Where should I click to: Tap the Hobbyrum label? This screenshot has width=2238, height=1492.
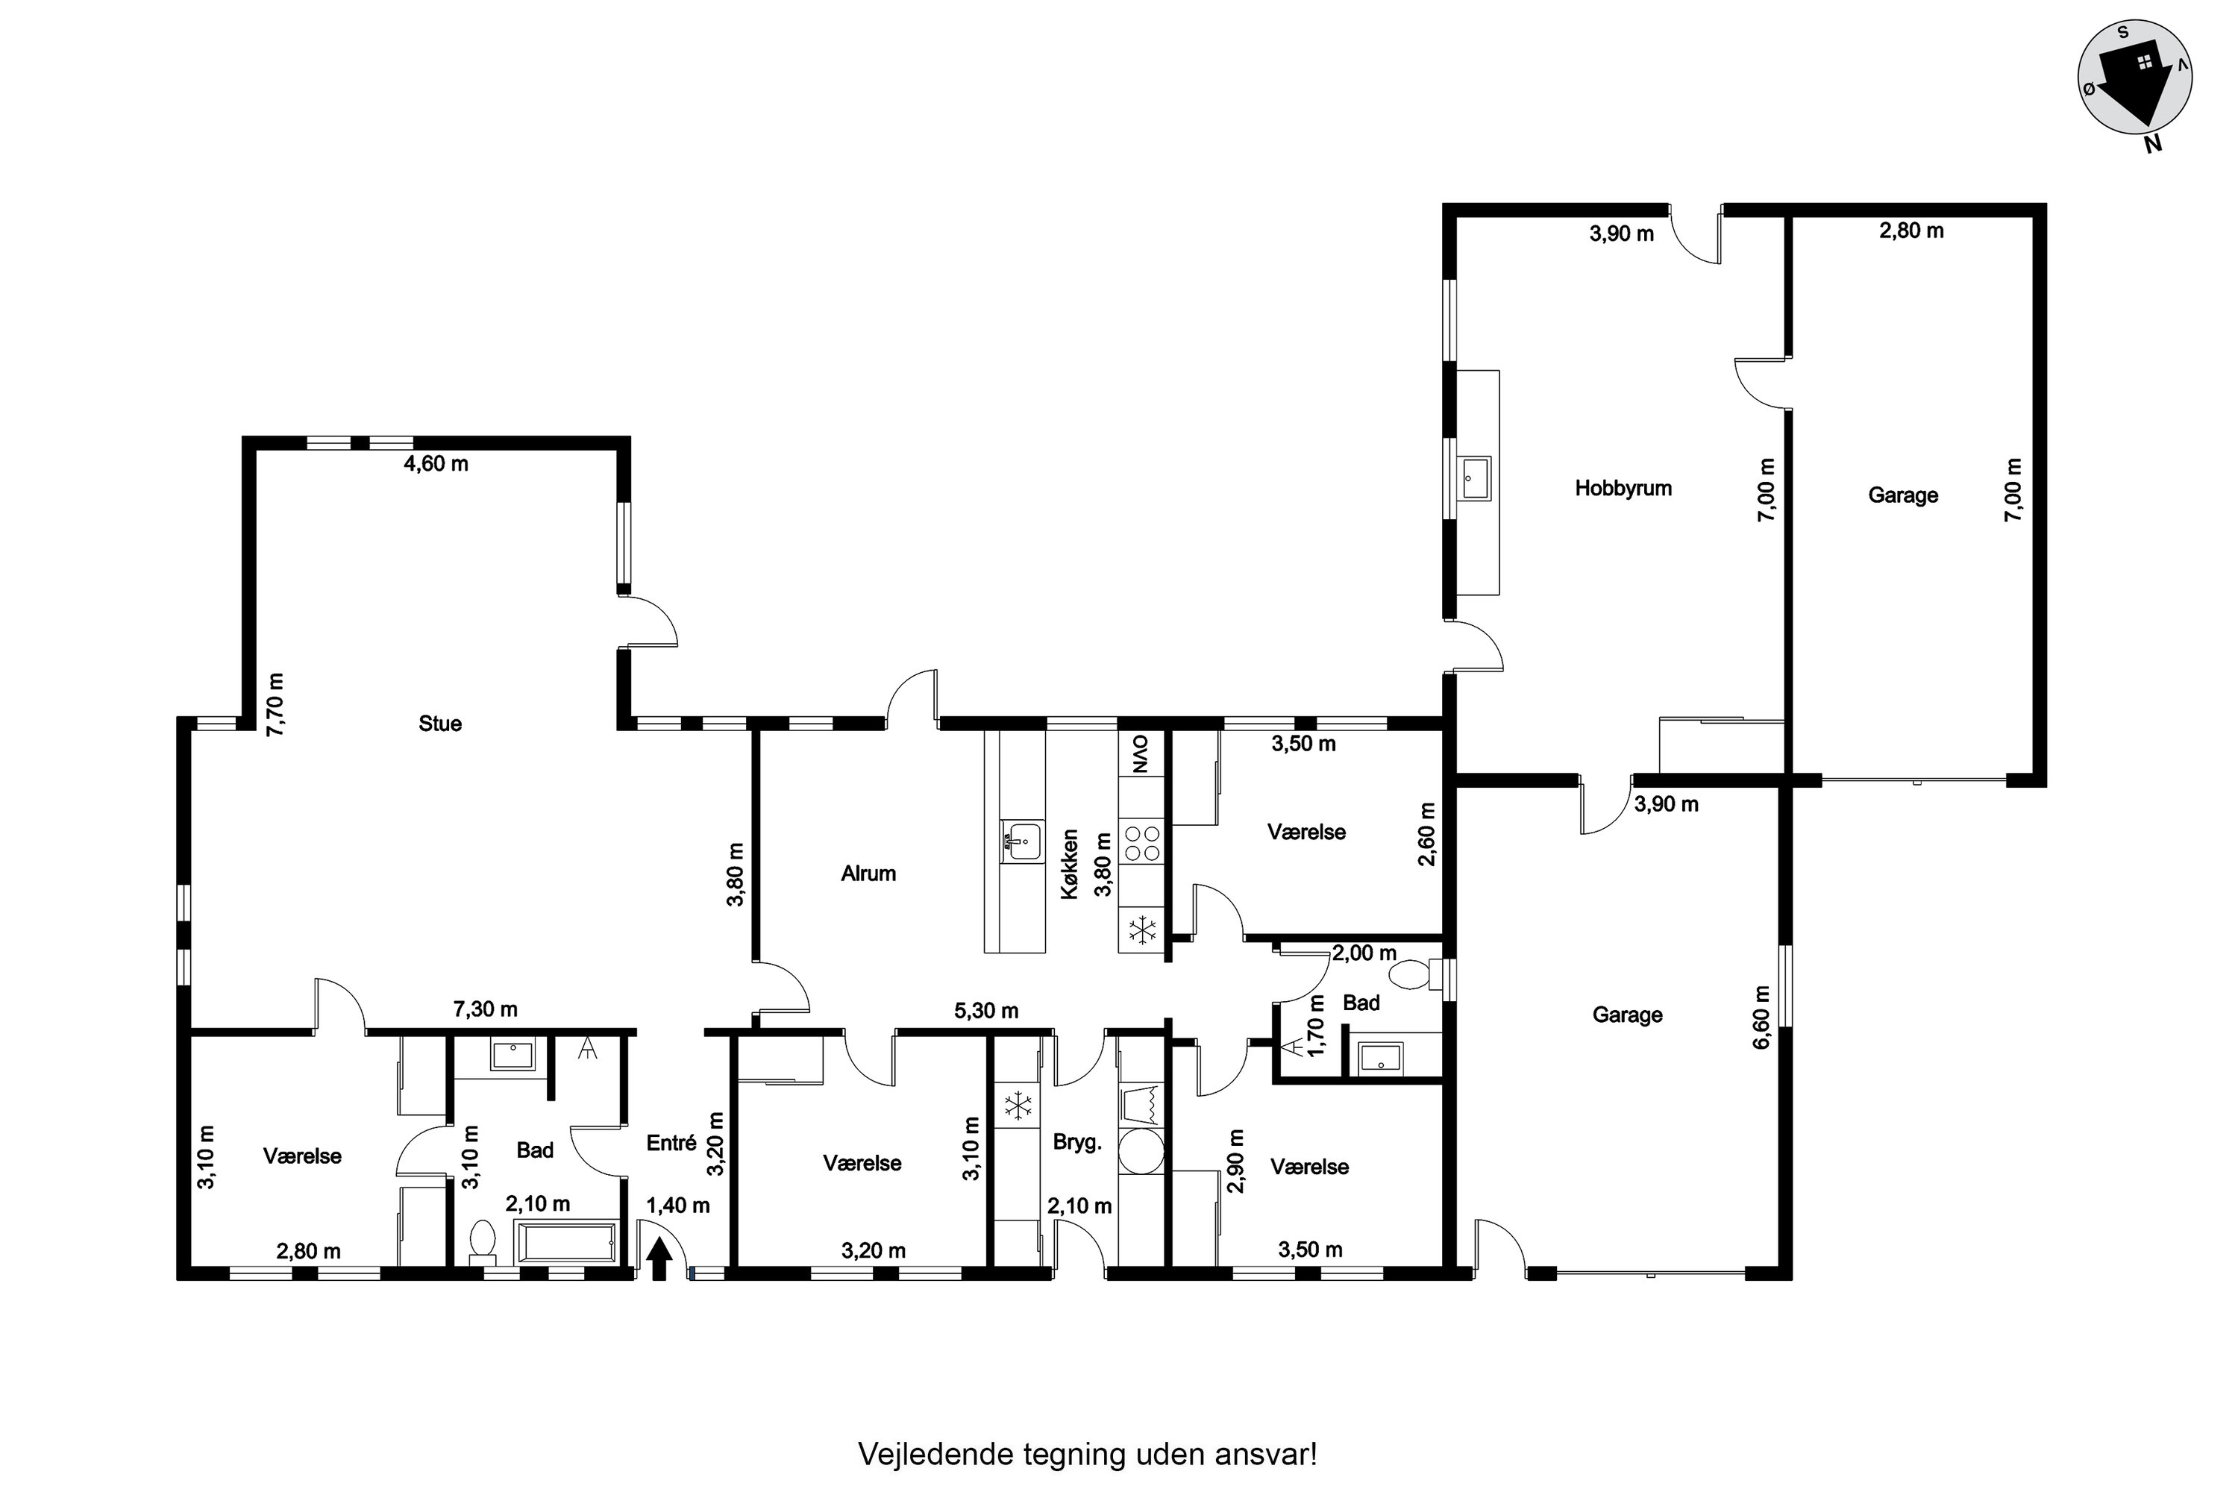pos(1623,488)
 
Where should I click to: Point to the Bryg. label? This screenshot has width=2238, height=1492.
pos(1077,1143)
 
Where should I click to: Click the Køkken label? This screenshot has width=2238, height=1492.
pos(1070,864)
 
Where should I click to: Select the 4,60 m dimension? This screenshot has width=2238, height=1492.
pos(436,464)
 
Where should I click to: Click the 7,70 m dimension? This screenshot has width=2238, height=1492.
pos(275,704)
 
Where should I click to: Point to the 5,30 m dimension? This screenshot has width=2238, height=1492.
pos(987,1011)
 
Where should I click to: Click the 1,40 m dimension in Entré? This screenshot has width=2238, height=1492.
pos(678,1206)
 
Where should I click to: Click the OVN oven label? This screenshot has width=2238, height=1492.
pos(1140,753)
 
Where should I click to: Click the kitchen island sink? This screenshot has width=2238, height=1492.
pos(1023,842)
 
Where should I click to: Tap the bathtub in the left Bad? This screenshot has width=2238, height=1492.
pos(565,1243)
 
